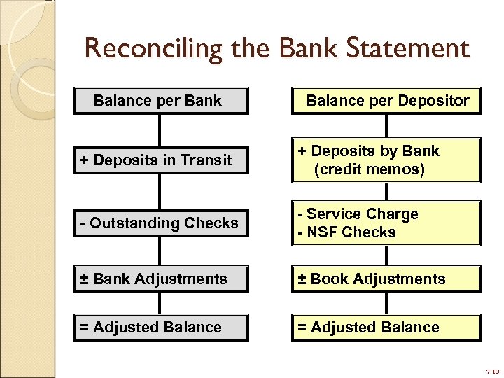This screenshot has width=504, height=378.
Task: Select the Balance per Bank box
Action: pyautogui.click(x=161, y=101)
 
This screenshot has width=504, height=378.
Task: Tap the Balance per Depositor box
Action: pyautogui.click(x=386, y=101)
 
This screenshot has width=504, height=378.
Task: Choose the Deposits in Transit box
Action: pyautogui.click(x=161, y=160)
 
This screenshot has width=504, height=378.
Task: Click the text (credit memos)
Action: pyautogui.click(x=370, y=169)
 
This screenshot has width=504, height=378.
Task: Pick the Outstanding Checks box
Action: pyautogui.click(x=161, y=223)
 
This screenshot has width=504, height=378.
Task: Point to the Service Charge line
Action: pyautogui.click(x=358, y=214)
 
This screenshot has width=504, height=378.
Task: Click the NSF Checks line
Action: pyautogui.click(x=347, y=232)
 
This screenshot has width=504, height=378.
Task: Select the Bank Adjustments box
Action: pyautogui.click(x=161, y=279)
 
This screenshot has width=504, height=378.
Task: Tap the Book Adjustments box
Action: pyautogui.click(x=386, y=279)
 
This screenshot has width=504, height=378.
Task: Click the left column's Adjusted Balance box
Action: pyautogui.click(x=161, y=328)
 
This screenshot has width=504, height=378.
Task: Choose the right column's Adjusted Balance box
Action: pyautogui.click(x=386, y=328)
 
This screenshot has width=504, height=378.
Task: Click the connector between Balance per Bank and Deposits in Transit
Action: pyautogui.click(x=160, y=129)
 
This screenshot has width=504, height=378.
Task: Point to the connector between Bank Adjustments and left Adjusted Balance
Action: pyautogui.click(x=160, y=303)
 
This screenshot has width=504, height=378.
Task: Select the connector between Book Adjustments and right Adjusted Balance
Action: pyautogui.click(x=386, y=303)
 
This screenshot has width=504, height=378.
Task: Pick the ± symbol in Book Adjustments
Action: pyautogui.click(x=302, y=279)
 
